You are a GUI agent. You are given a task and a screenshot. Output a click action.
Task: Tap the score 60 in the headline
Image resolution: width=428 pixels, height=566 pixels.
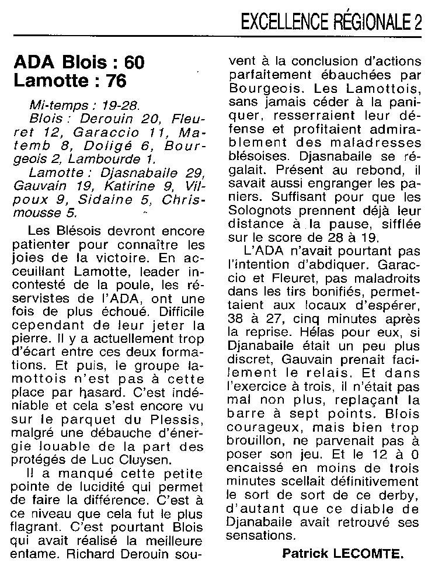coord(130,62)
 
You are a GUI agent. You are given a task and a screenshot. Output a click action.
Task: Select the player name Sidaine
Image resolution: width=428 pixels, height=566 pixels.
coord(120,200)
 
